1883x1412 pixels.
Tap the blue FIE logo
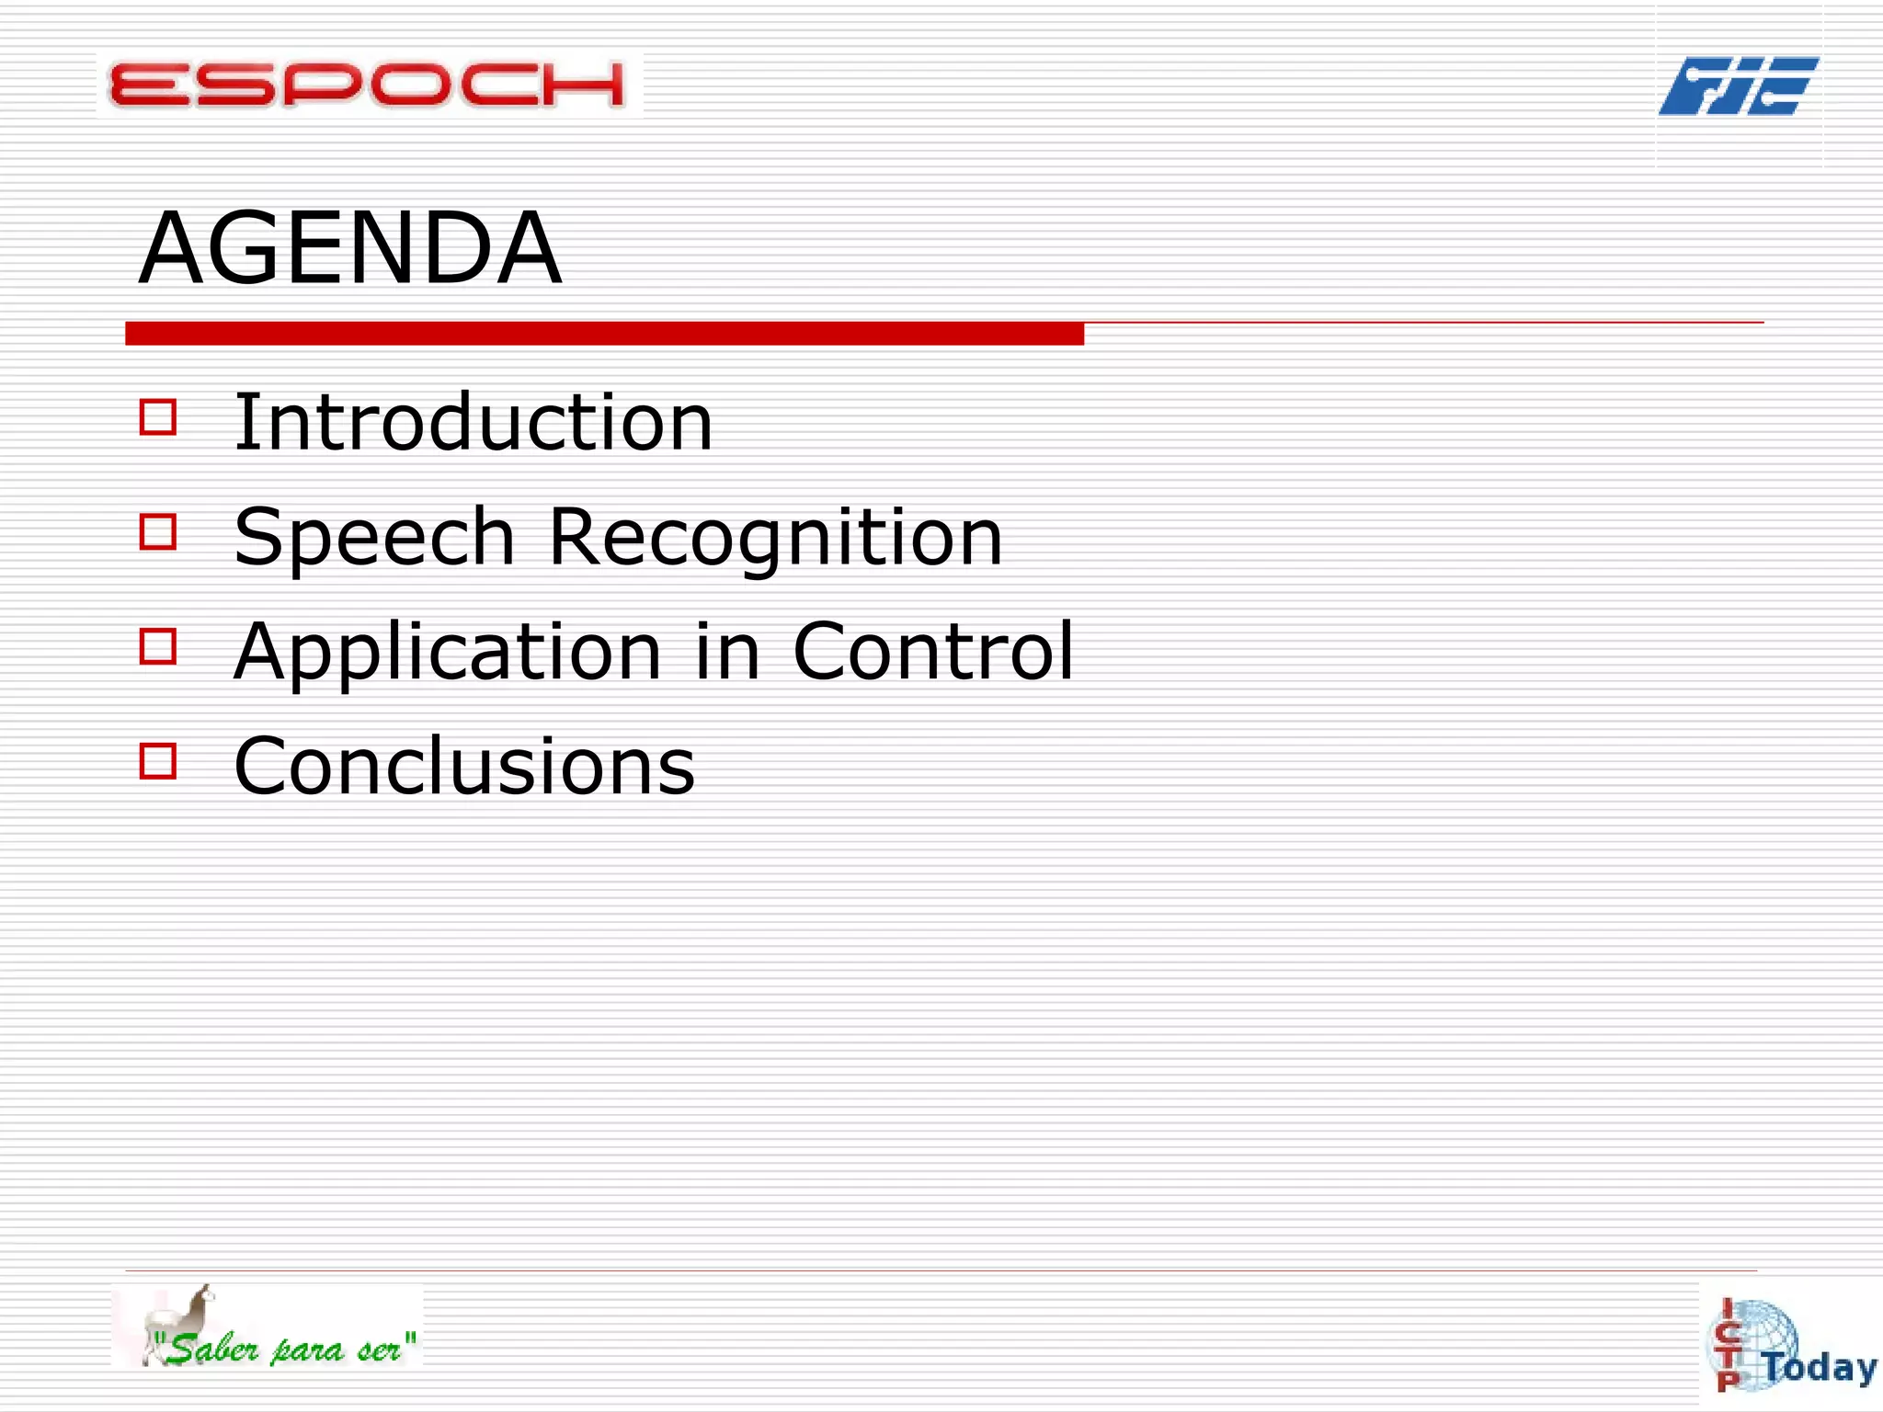tap(1738, 85)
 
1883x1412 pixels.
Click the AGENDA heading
tap(349, 248)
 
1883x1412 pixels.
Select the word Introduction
tap(473, 422)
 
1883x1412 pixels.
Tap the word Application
tap(447, 652)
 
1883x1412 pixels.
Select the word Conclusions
tap(464, 766)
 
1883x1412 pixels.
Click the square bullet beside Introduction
tap(158, 416)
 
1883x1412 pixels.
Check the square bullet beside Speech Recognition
tap(158, 531)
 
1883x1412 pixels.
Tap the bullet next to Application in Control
tap(158, 646)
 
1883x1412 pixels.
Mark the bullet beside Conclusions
tap(158, 761)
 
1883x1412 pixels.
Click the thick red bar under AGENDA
tap(604, 334)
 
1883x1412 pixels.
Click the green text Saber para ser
tap(285, 1349)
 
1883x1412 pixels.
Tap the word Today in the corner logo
tap(1820, 1368)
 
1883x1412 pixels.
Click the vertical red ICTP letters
tap(1728, 1345)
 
